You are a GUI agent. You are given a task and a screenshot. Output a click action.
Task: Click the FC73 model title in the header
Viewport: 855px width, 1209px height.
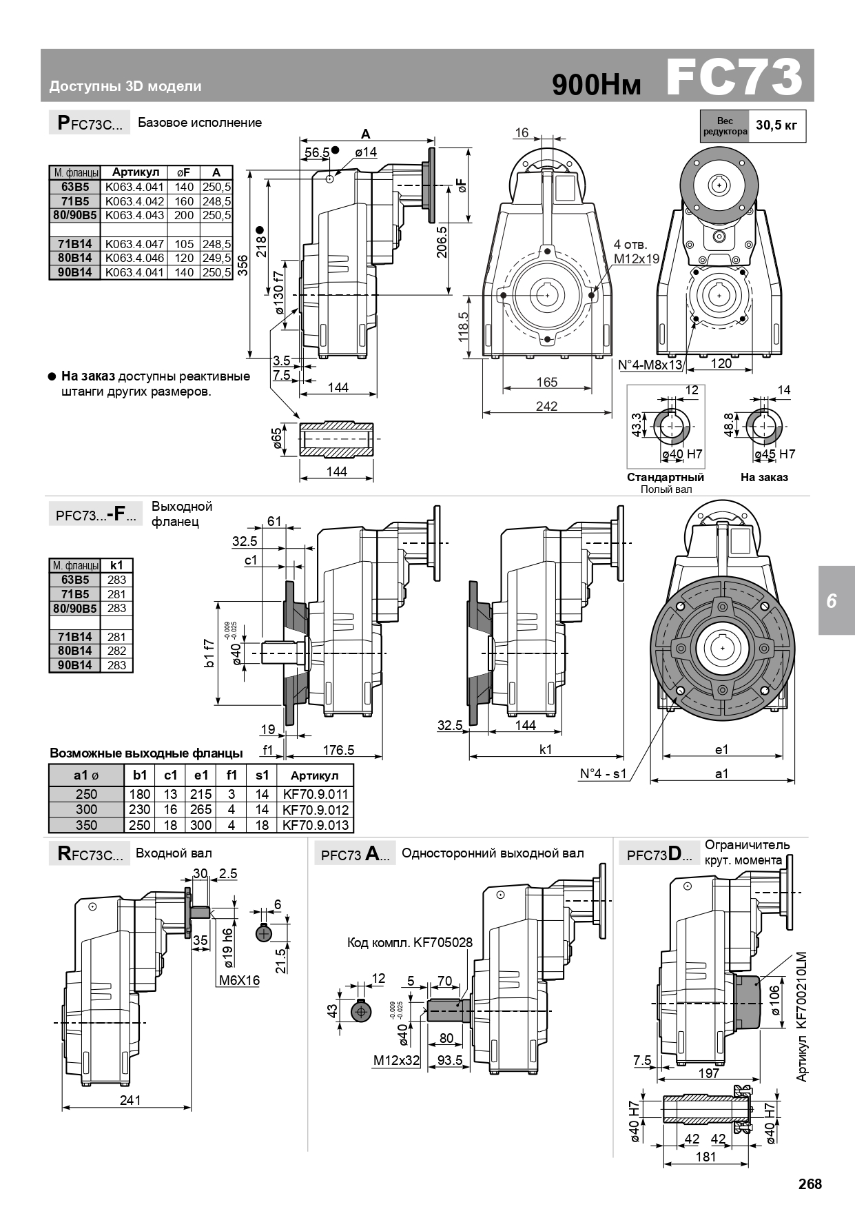(x=734, y=77)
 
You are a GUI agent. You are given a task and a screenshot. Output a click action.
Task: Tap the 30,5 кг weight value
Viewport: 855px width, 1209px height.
(x=776, y=125)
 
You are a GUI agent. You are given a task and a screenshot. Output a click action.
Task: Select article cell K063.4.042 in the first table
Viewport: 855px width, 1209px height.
(x=135, y=201)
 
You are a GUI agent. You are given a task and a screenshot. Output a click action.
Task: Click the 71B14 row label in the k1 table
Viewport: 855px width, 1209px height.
(x=75, y=637)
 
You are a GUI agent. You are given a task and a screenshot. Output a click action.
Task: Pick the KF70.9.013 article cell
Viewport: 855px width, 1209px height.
(x=316, y=825)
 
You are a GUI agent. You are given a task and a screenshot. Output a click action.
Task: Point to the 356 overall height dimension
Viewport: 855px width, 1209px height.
(x=243, y=265)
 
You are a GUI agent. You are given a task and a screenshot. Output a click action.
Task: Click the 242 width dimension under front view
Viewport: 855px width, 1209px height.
(x=546, y=406)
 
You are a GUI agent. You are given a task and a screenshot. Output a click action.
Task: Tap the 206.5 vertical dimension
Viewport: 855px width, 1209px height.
(x=442, y=241)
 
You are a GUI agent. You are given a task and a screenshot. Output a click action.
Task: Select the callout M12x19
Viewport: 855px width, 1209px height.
(x=637, y=258)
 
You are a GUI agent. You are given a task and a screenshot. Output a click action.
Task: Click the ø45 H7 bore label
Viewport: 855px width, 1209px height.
(x=775, y=454)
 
